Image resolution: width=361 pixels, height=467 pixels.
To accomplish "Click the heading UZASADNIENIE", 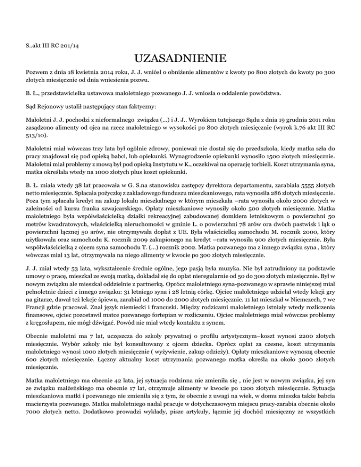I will click(x=180, y=60).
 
